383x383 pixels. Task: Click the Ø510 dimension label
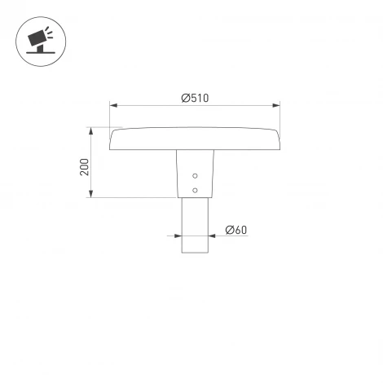click(x=195, y=98)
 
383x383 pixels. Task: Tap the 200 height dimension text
click(x=85, y=166)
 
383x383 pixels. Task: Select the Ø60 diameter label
click(x=236, y=230)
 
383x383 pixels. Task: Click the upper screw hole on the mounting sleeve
click(x=195, y=176)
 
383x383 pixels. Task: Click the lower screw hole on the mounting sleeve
click(x=195, y=190)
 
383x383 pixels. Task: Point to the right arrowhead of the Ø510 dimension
click(x=276, y=105)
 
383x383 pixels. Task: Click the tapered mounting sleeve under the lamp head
click(x=195, y=173)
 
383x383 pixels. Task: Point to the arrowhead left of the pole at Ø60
click(x=178, y=236)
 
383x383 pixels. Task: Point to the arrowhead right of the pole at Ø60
click(x=211, y=236)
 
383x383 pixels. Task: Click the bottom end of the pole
click(x=195, y=253)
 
